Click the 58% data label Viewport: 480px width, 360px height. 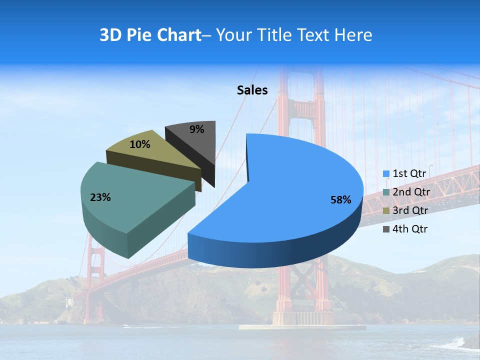pyautogui.click(x=341, y=200)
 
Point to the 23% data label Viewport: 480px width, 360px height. pyautogui.click(x=100, y=197)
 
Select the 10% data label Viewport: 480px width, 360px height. pyautogui.click(x=139, y=144)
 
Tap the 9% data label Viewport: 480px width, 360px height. pyautogui.click(x=197, y=129)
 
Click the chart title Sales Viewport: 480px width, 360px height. pyautogui.click(x=252, y=90)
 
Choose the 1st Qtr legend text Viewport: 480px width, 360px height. pyautogui.click(x=409, y=173)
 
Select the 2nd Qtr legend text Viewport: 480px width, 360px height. pyautogui.click(x=411, y=192)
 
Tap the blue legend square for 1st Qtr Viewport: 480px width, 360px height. pyautogui.click(x=386, y=174)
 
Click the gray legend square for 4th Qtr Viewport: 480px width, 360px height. pyautogui.click(x=386, y=229)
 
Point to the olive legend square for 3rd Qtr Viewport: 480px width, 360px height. pyautogui.click(x=386, y=211)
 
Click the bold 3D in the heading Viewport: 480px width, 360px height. pyautogui.click(x=110, y=35)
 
